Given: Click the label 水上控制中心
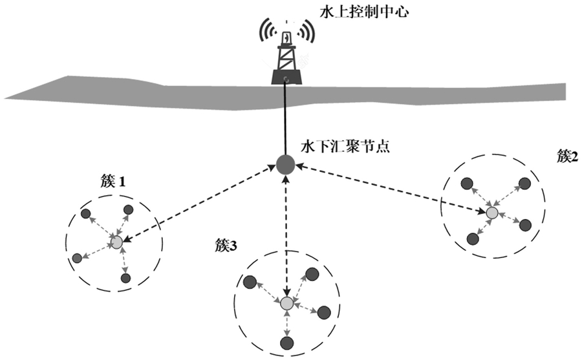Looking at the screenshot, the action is (364, 12).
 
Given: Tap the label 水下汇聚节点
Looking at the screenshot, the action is (345, 146).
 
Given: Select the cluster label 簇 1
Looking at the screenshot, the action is (113, 182).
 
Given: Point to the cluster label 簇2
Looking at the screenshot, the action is (568, 156).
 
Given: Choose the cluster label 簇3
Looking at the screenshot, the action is (226, 246).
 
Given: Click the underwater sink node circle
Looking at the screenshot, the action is (285, 164).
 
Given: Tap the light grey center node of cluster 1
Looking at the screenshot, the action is (116, 242).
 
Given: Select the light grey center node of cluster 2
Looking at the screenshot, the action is (492, 213).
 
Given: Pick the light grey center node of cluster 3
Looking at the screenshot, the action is (286, 304).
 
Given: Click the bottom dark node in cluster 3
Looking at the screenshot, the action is (287, 343).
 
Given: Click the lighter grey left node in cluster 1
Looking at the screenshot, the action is (77, 258).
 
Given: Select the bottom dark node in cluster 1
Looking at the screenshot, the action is (126, 278).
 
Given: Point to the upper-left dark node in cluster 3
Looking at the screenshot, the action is (250, 282).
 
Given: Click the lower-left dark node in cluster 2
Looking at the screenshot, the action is (473, 238).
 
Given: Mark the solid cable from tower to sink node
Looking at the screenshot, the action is (285, 118).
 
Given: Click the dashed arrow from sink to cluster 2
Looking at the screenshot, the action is (391, 189).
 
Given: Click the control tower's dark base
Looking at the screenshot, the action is (286, 77).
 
